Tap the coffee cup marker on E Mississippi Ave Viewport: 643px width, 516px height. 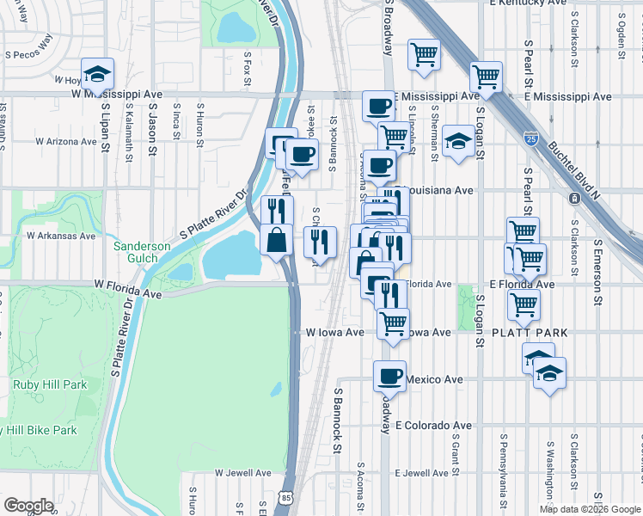[x=378, y=107]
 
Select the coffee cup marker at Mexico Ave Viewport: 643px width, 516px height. [x=390, y=376]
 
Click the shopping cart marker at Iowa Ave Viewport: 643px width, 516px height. [x=393, y=323]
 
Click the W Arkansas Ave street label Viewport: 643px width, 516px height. [x=60, y=235]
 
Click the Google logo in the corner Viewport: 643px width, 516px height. [x=28, y=506]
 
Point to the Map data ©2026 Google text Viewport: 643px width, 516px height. [x=589, y=509]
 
